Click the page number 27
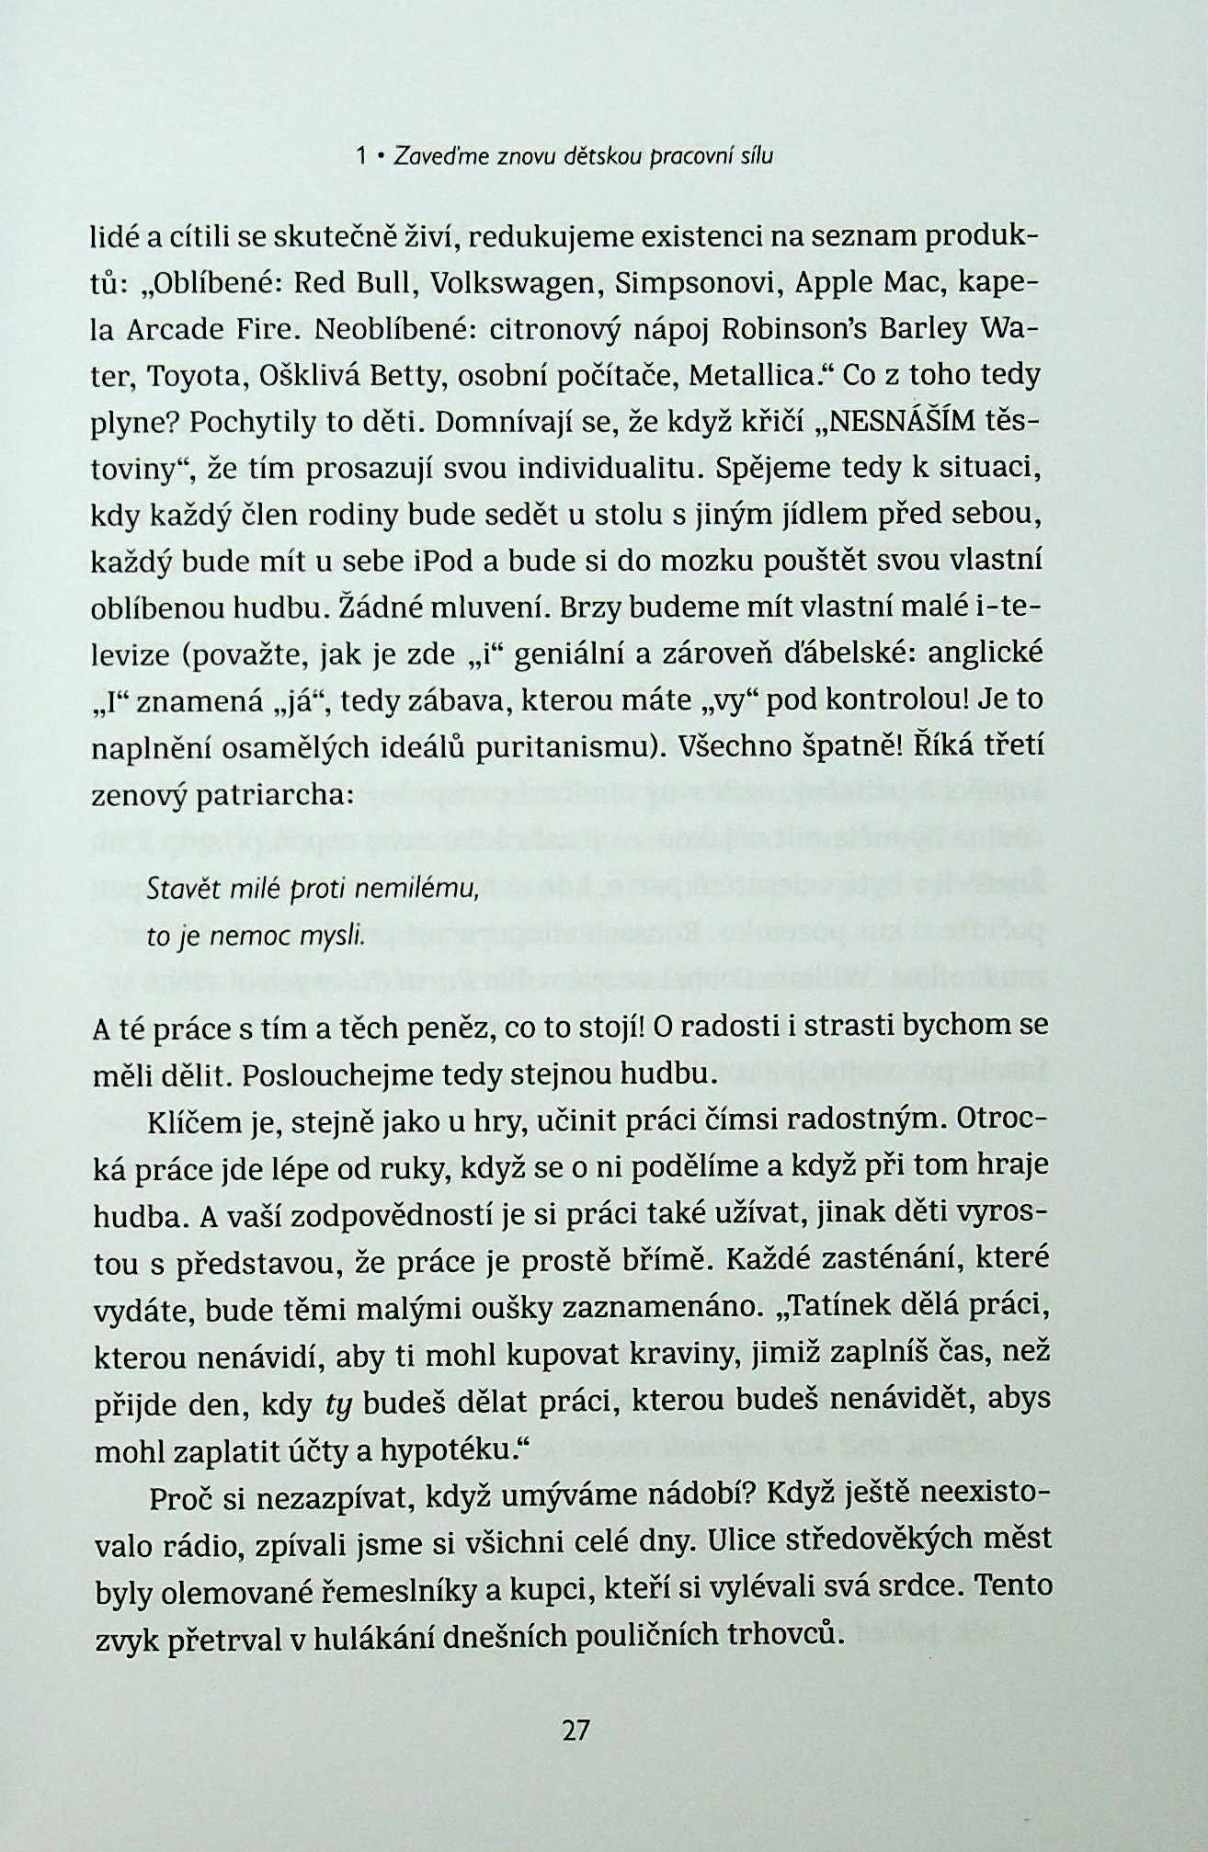575,1730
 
